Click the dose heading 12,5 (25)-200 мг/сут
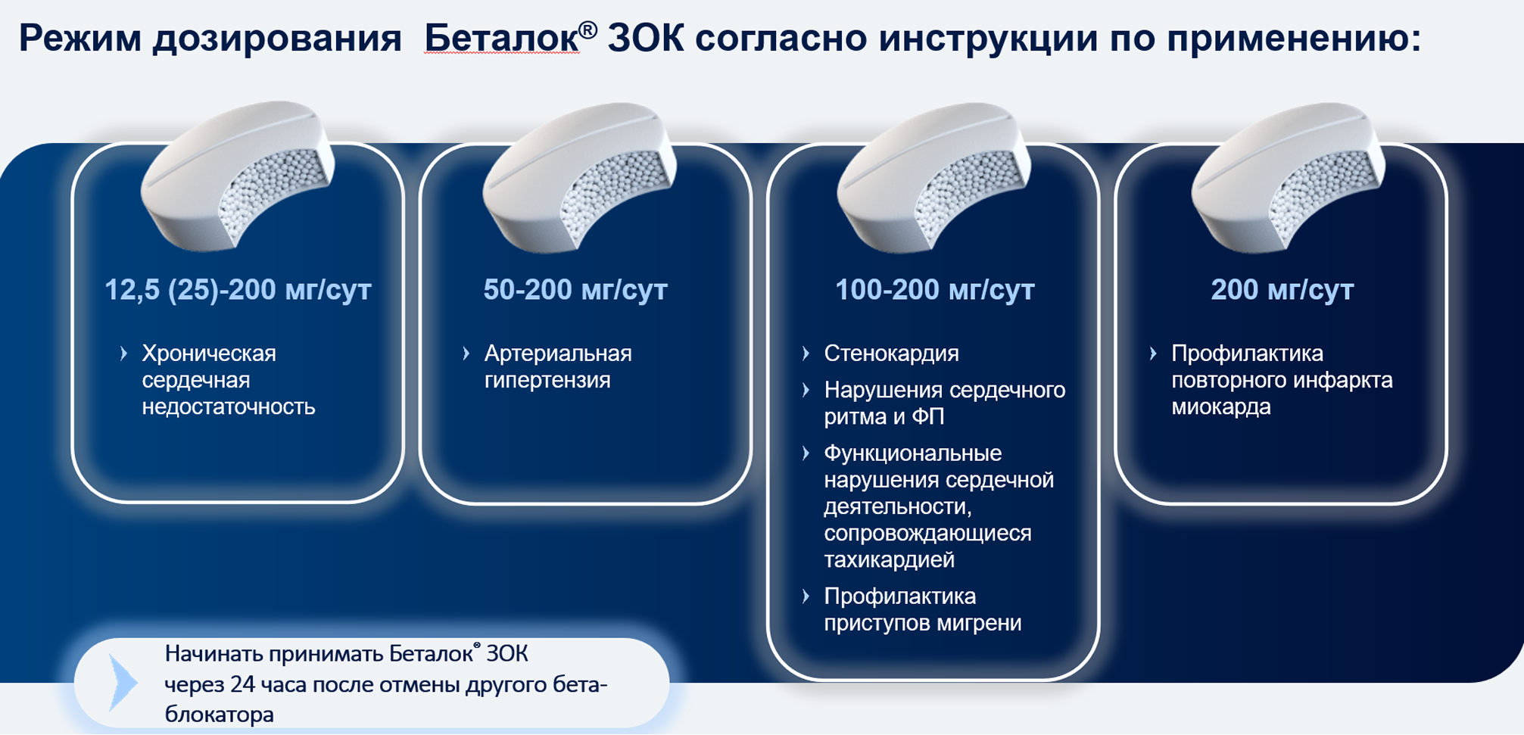(238, 290)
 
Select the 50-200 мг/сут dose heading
(575, 290)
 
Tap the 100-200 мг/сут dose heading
(934, 290)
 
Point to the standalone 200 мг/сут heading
(1282, 290)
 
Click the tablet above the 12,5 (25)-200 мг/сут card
(238, 176)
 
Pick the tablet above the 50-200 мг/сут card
(579, 177)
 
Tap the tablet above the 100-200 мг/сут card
(933, 177)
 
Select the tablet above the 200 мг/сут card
(1288, 177)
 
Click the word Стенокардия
(891, 353)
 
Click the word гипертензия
(547, 380)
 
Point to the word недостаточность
(229, 406)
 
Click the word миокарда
(1221, 406)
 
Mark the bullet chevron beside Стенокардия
(806, 353)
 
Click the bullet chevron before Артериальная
(466, 353)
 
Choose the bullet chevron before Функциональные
(806, 453)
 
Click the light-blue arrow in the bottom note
(123, 683)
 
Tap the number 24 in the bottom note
(243, 685)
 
